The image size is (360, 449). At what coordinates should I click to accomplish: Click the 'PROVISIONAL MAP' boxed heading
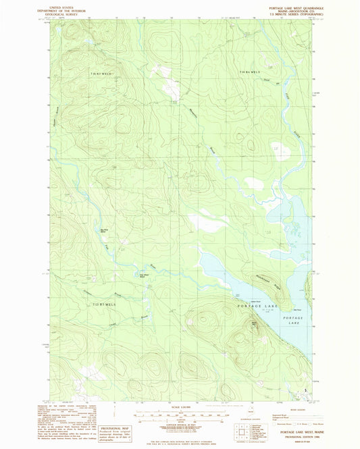(101, 418)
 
